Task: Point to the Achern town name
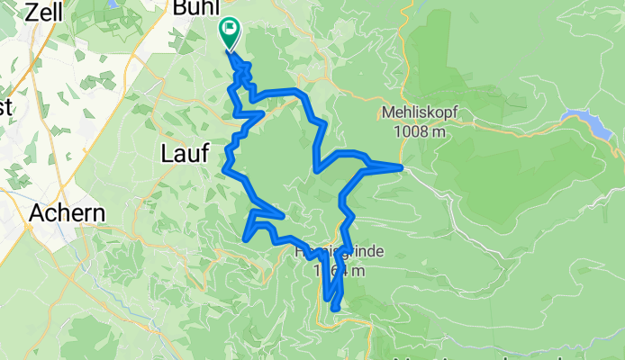(x=68, y=214)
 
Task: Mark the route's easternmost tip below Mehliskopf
(x=400, y=166)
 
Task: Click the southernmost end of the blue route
(x=335, y=308)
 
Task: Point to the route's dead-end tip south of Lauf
(x=246, y=238)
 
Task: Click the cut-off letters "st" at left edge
(x=5, y=107)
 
